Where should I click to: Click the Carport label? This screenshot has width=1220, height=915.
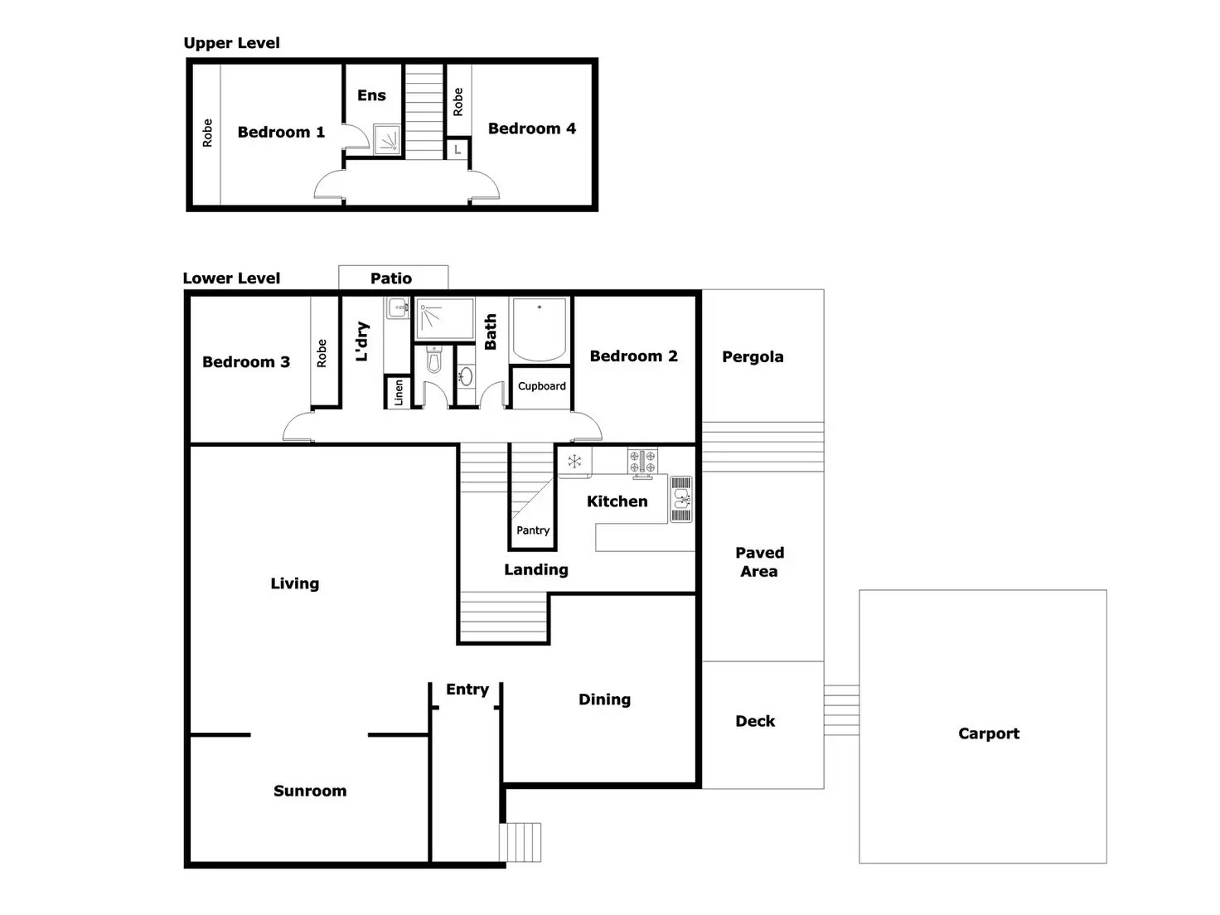coord(988,733)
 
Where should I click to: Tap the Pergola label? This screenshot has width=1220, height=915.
coord(752,356)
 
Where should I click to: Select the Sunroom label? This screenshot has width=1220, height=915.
coord(310,791)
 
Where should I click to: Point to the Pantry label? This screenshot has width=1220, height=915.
coord(532,530)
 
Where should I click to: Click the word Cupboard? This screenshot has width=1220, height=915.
coord(541,386)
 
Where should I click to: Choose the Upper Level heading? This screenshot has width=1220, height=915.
coord(231,43)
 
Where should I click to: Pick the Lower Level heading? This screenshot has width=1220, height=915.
coord(231,278)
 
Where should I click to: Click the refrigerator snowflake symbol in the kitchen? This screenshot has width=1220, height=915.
coord(574,462)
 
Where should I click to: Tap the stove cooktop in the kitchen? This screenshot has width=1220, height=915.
coord(641,462)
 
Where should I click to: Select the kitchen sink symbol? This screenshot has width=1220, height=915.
coord(680,498)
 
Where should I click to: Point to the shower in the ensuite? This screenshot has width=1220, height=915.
coord(387,139)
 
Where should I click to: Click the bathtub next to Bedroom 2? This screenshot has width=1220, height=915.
coord(539,329)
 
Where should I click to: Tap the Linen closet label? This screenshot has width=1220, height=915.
coord(399,392)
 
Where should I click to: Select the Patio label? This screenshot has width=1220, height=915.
coord(391,278)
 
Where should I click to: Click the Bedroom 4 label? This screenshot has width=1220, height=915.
coord(531,128)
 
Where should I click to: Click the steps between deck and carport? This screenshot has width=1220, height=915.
coord(841,710)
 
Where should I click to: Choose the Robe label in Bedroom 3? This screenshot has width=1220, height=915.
coord(322,353)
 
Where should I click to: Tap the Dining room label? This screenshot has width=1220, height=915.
coord(604,700)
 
